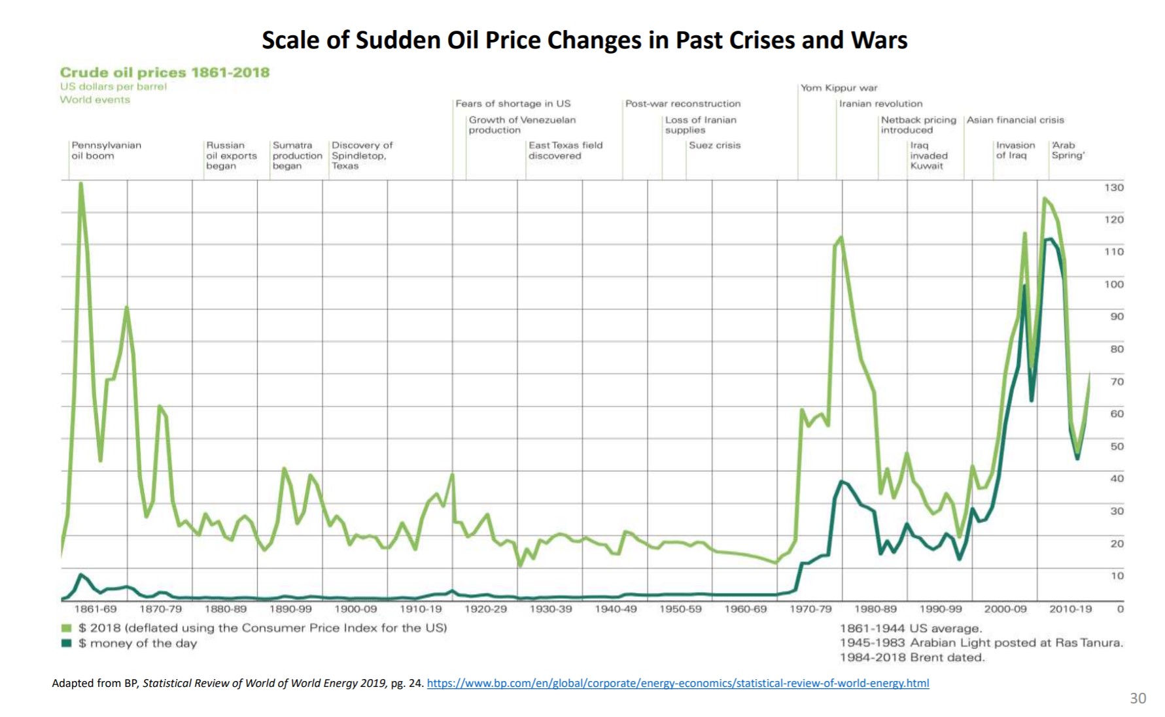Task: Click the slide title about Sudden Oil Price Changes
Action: tap(584, 41)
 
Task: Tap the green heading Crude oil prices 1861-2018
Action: tap(164, 73)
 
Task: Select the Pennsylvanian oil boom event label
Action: tap(106, 150)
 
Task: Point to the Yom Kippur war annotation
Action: tap(839, 88)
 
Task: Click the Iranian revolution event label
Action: tap(880, 103)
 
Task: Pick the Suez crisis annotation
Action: tap(714, 145)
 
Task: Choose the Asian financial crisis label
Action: tap(1015, 120)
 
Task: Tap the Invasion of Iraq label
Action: tap(1015, 150)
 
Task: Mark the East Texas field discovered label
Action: tap(565, 150)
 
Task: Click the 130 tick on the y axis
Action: tap(1114, 188)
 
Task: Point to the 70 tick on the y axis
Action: tap(1117, 382)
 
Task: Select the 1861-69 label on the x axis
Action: tap(96, 609)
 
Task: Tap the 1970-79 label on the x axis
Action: tap(810, 609)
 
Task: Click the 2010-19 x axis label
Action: tap(1070, 609)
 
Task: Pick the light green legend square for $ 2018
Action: tap(66, 628)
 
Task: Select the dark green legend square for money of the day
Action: tap(66, 643)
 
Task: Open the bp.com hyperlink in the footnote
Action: tap(678, 683)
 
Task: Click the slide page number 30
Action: tap(1138, 698)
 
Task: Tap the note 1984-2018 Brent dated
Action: tap(912, 658)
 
